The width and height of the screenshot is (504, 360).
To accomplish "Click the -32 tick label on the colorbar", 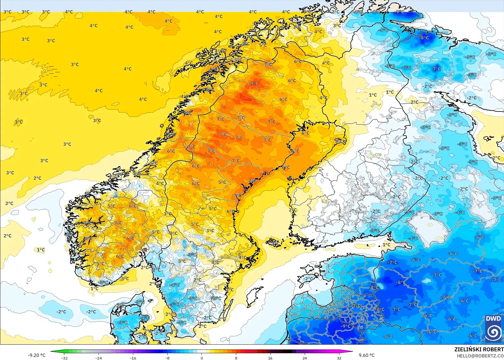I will tap(65, 358).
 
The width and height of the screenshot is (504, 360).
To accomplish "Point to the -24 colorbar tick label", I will tap(99, 358).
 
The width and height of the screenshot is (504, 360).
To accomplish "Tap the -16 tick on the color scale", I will tap(133, 358).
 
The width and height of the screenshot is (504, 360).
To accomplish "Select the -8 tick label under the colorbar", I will tap(167, 358).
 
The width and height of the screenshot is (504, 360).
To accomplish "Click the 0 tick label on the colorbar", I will tap(202, 358).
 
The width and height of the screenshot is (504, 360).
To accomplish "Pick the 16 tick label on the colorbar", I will tap(270, 358).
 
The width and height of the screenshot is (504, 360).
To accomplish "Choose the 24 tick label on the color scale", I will tap(304, 358).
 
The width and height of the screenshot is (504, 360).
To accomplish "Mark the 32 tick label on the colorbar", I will tap(339, 358).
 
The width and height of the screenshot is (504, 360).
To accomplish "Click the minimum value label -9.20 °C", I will tap(36, 355).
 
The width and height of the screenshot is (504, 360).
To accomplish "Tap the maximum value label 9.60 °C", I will tap(367, 355).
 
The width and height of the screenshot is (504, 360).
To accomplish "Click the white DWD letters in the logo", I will tap(493, 319).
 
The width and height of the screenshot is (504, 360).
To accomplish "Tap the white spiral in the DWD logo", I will tap(493, 332).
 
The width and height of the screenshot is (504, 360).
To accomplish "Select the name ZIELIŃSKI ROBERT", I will tap(479, 349).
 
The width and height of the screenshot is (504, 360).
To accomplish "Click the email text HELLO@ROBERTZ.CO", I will tap(480, 356).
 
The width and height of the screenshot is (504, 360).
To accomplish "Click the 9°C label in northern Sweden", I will tap(254, 83).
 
